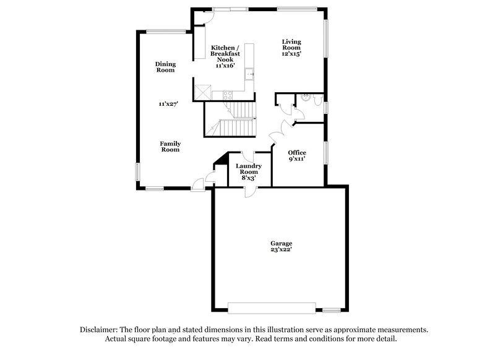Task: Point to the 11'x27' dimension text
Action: pyautogui.click(x=168, y=105)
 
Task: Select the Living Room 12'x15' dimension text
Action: pyautogui.click(x=291, y=54)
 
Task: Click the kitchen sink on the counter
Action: pyautogui.click(x=249, y=75)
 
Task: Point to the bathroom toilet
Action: pyautogui.click(x=317, y=99)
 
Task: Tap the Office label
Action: pyautogui.click(x=297, y=153)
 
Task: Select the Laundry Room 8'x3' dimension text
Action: pyautogui.click(x=249, y=178)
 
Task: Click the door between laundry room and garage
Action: pyautogui.click(x=249, y=191)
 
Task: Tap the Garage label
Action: pyautogui.click(x=280, y=243)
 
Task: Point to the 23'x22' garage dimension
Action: pyautogui.click(x=280, y=250)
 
